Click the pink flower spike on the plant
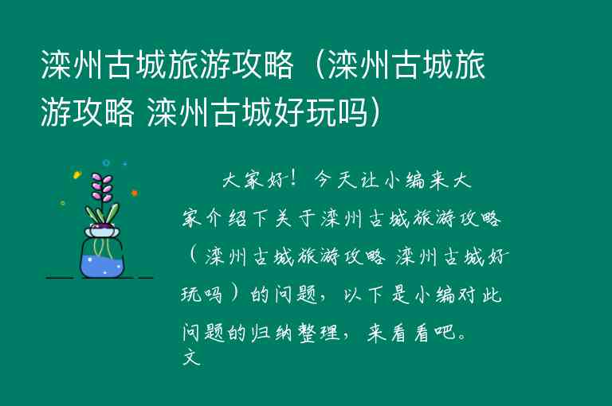click(102, 186)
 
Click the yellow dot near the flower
click(76, 174)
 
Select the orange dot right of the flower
click(134, 193)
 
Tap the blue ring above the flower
click(106, 163)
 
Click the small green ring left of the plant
click(63, 202)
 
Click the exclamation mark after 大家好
click(296, 179)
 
